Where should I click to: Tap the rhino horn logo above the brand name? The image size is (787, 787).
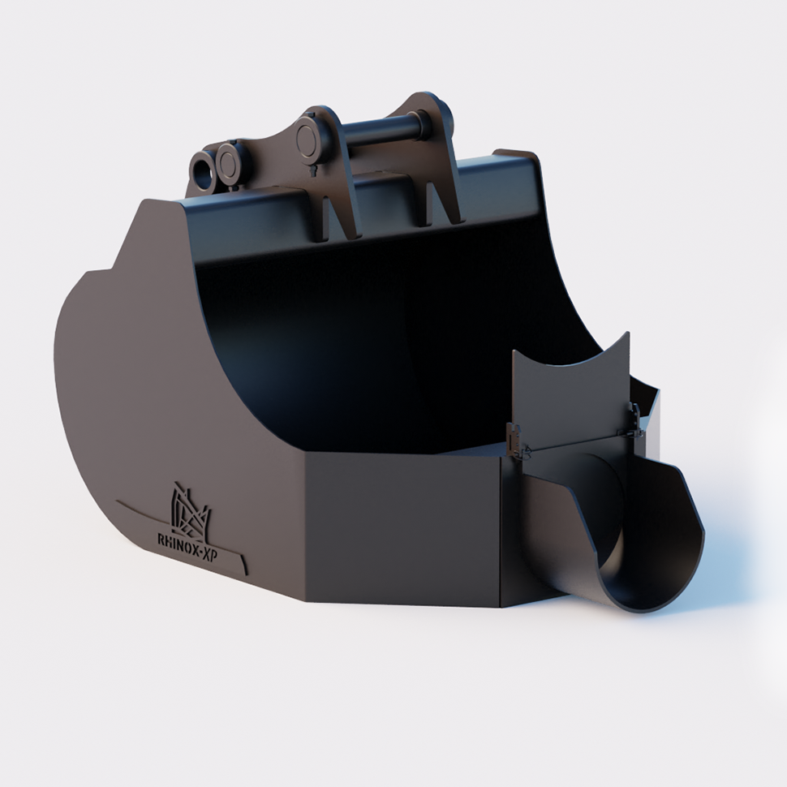tap(191, 510)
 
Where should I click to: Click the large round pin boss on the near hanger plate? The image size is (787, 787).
tap(307, 140)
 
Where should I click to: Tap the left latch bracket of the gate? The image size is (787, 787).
tap(514, 438)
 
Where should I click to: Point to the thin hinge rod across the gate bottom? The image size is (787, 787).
tap(572, 443)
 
